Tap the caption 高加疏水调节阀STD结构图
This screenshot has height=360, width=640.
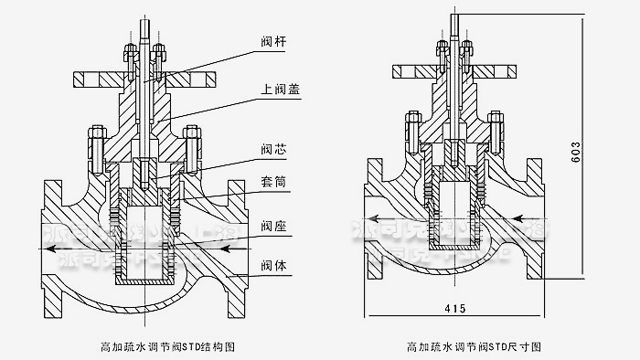(159, 347)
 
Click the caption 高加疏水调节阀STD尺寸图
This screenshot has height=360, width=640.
(475, 347)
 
